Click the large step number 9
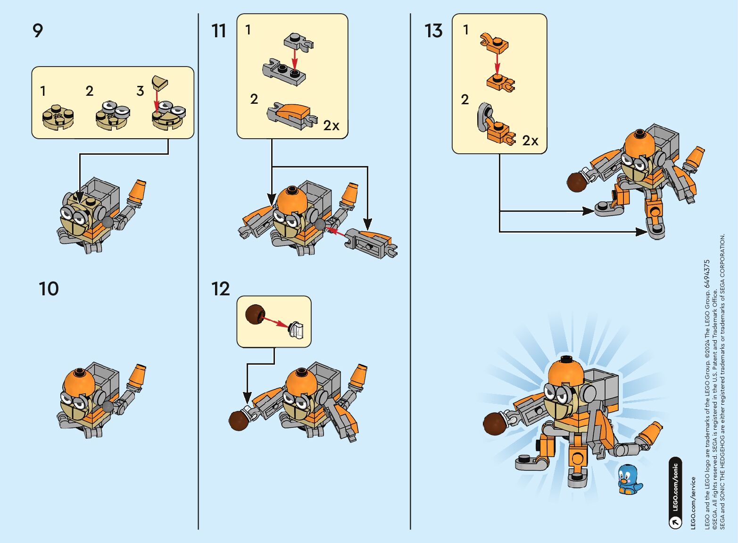click(x=38, y=31)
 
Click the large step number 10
click(x=49, y=289)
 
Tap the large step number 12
click(x=220, y=289)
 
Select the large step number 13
click(x=433, y=31)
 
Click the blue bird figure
click(x=629, y=479)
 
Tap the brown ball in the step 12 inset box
click(x=255, y=314)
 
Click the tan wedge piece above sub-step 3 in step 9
click(x=160, y=83)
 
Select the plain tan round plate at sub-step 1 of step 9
click(x=58, y=117)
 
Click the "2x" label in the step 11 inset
click(x=331, y=125)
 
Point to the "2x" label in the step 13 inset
click(x=530, y=141)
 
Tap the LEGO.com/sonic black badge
click(x=675, y=493)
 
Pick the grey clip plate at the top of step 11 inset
click(x=299, y=42)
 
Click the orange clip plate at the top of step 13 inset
click(x=494, y=43)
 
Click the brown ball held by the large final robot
click(x=495, y=424)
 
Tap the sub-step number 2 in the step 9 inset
click(x=89, y=91)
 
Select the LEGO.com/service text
click(x=693, y=503)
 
